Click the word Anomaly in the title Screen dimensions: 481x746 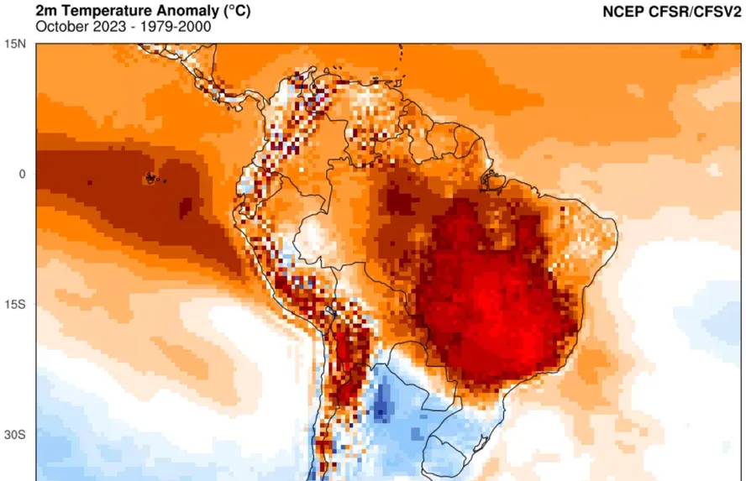click(x=175, y=11)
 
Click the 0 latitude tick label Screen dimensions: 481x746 click(x=24, y=174)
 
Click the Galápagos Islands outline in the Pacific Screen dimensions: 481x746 click(x=150, y=178)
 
